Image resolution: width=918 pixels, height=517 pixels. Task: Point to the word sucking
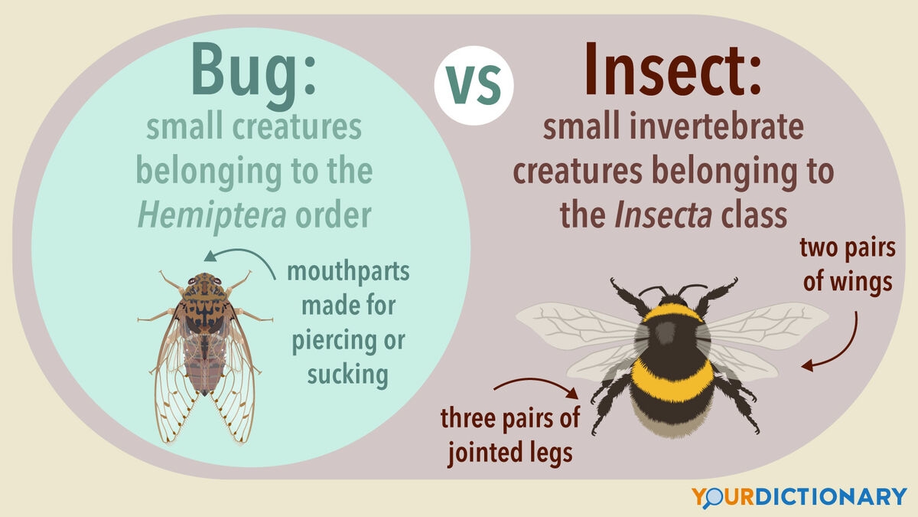(348, 375)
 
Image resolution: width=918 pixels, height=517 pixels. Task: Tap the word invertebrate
(718, 129)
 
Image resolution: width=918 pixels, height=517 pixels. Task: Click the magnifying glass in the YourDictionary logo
(713, 496)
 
